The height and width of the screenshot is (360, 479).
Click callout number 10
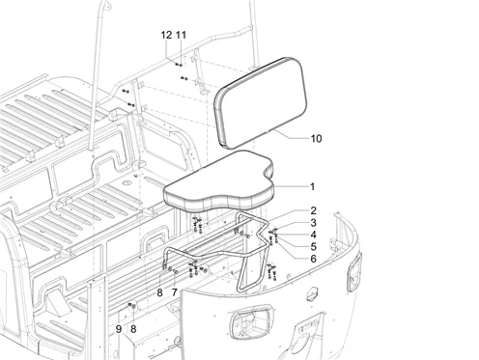[x=316, y=139]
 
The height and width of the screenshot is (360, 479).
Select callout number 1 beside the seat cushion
[x=312, y=186]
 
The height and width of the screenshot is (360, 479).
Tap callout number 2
[x=313, y=210]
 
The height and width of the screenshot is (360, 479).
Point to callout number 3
[x=313, y=223]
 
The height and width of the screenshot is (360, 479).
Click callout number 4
[x=313, y=235]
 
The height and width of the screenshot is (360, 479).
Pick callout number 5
[x=313, y=247]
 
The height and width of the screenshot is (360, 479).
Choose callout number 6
[x=313, y=259]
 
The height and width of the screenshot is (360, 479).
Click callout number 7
[x=175, y=292]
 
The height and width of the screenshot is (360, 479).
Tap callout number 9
[x=119, y=329]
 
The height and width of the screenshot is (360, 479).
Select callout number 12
[x=166, y=35]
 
